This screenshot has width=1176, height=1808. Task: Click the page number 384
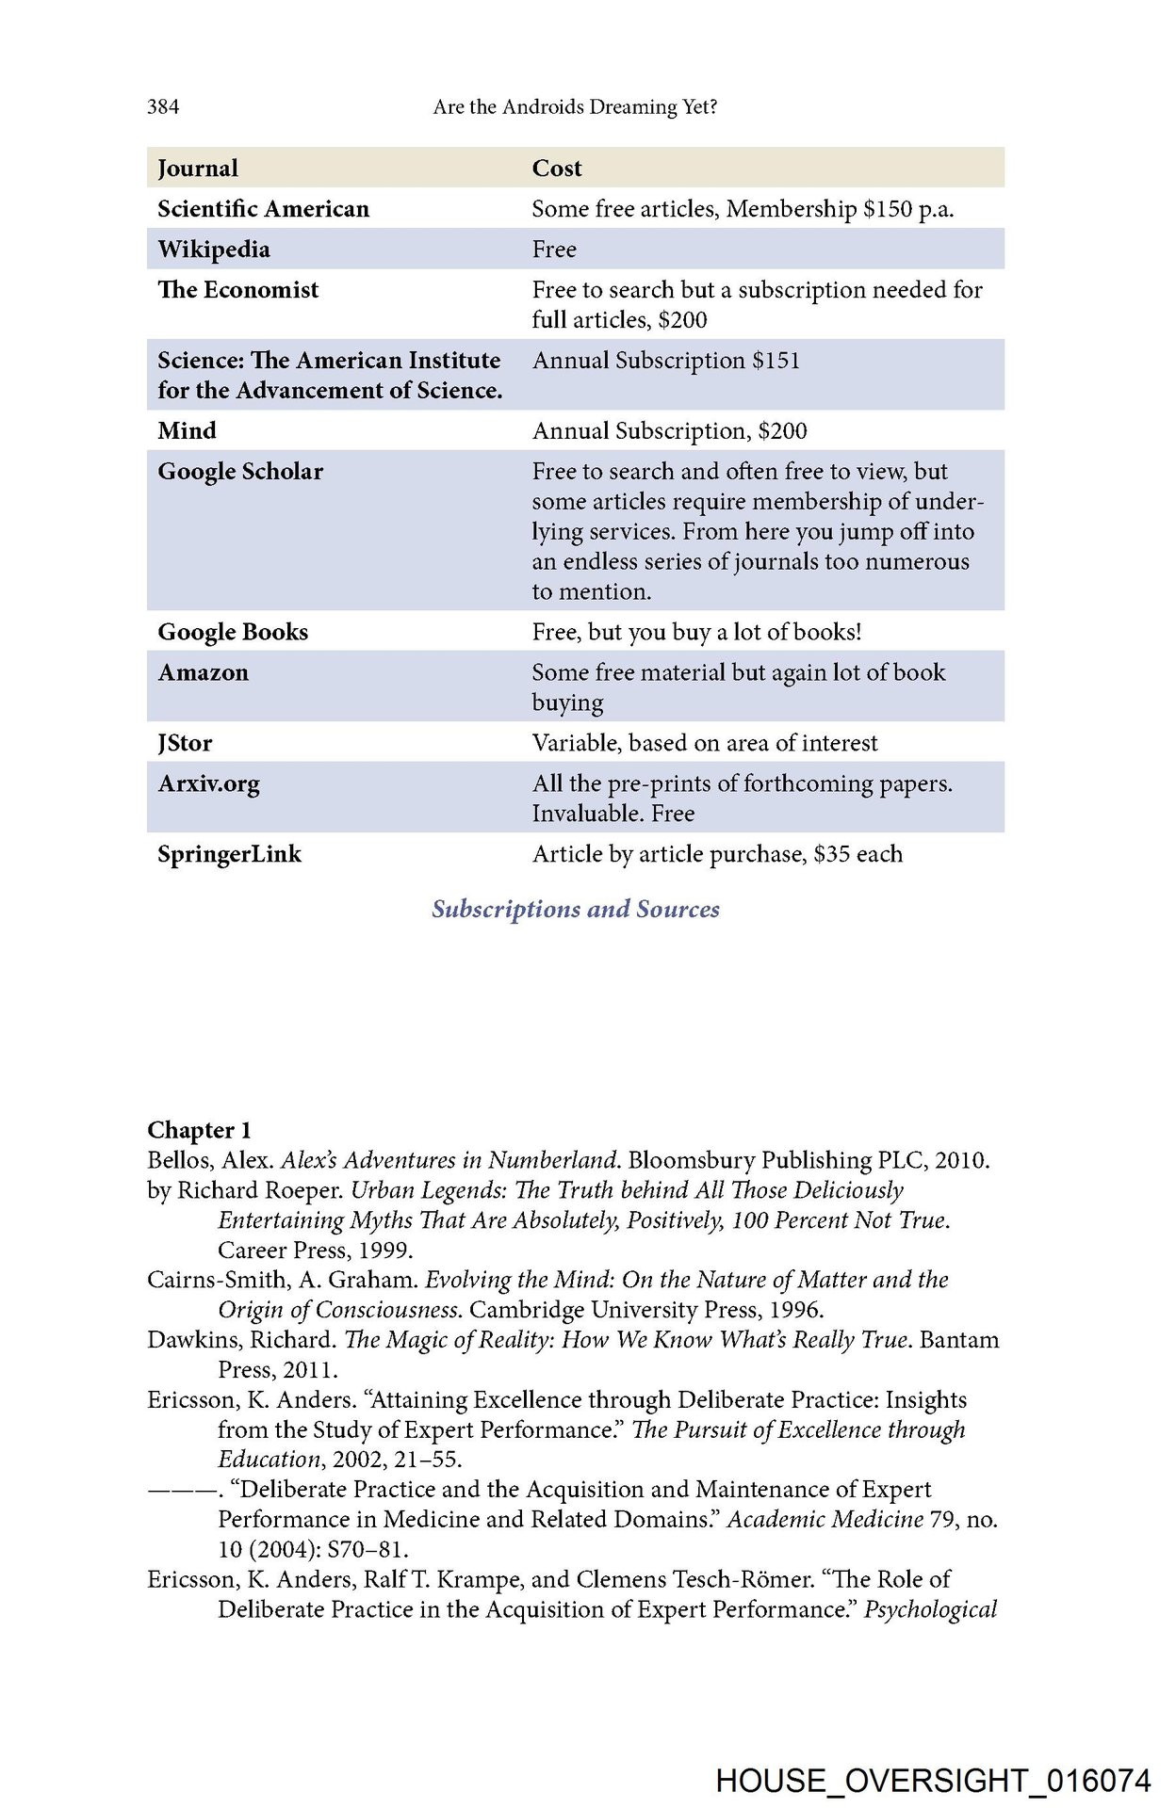pos(163,106)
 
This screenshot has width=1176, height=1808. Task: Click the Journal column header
pos(198,168)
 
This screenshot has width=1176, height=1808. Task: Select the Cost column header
pos(557,168)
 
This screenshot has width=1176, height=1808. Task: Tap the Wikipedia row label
pos(214,250)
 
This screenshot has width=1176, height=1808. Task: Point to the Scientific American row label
pos(264,209)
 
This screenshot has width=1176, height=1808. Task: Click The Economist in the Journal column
pos(238,290)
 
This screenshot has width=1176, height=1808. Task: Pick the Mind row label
pos(188,431)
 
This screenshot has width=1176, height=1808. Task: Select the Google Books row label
pos(233,632)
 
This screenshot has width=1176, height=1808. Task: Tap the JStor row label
pos(185,743)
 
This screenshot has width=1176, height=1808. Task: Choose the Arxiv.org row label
pos(208,783)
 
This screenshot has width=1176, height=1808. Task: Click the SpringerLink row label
pos(229,854)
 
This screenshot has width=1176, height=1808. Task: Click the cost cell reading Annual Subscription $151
pos(665,361)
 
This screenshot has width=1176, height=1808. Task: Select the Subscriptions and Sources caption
pos(576,909)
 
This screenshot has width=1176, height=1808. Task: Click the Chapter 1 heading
pos(199,1130)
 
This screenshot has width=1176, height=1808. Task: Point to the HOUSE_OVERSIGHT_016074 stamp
pos(933,1781)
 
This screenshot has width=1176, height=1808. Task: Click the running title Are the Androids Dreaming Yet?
pos(575,106)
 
